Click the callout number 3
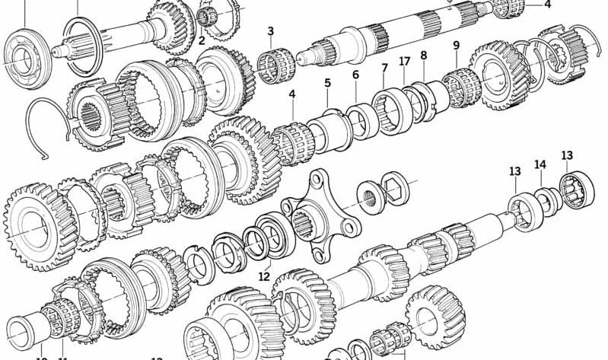pos(270,31)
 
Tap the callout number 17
pos(404,62)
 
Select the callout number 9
pos(456,46)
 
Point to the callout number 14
pos(540,164)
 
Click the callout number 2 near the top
pos(202,41)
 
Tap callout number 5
pos(327,83)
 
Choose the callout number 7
pos(384,68)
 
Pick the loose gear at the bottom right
pos(435,315)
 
